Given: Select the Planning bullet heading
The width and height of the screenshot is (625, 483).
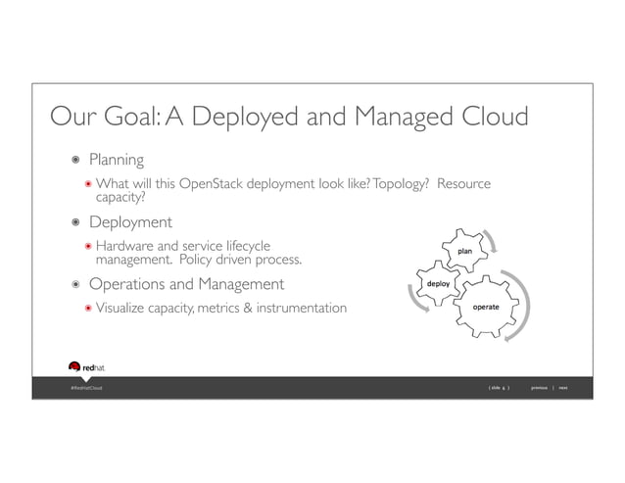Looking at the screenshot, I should tap(117, 159).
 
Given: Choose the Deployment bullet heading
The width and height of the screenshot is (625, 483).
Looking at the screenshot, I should tap(130, 222).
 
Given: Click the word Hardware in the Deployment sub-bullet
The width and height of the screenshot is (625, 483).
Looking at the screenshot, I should tap(127, 246).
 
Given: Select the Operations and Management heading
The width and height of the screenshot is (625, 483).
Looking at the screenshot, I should tap(186, 284).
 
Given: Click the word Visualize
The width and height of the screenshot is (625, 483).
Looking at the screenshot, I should tap(125, 309).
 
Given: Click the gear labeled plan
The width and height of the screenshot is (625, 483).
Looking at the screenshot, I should tap(466, 251).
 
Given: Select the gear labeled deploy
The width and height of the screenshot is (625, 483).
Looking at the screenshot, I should tap(438, 284).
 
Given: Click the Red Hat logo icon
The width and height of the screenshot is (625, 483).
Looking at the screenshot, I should tap(74, 367).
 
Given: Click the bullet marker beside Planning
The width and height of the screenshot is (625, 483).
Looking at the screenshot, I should tap(74, 160).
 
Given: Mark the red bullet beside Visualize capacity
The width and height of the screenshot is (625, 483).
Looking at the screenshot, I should tap(87, 310).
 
